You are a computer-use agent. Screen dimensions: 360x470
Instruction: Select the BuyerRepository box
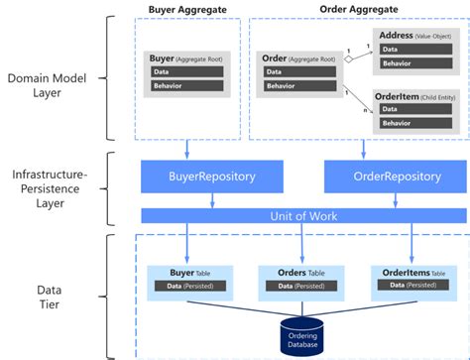pos(212,177)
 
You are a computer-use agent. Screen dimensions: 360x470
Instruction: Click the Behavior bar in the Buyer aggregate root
pos(188,85)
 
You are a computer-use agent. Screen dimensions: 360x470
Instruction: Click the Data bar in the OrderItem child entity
pos(411,109)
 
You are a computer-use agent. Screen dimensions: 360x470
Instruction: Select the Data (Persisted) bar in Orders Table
pos(296,286)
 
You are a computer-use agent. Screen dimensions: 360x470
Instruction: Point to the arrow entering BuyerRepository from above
pos(187,149)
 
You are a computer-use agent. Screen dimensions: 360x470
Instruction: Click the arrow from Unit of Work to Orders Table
pos(297,243)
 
